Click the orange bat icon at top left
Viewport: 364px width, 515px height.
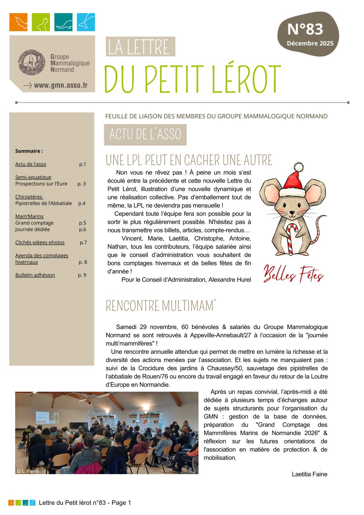18,22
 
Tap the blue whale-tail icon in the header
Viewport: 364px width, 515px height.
86,22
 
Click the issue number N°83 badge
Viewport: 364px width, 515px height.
305,30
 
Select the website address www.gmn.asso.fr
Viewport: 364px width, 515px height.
61,85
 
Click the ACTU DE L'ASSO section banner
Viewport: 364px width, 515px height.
145,135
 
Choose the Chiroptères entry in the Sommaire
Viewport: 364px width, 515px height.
29,197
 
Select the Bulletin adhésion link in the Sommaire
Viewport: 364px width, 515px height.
35,275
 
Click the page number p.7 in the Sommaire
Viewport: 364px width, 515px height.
83,242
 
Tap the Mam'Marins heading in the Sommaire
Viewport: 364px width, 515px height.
29,216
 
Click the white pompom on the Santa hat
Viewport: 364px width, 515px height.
298,167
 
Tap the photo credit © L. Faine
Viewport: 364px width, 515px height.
28,471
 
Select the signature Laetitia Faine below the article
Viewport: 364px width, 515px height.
309,474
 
